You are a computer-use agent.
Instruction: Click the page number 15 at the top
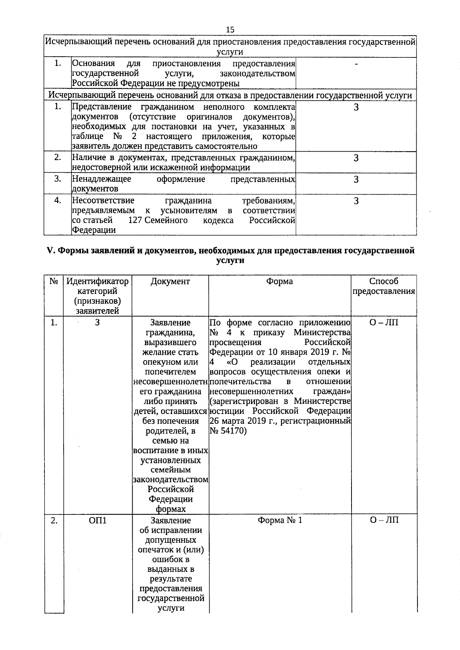pos(230,30)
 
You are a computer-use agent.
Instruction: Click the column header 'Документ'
pos(170,282)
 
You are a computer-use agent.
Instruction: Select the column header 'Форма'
pos(279,282)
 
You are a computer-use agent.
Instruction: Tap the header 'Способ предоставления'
pos(384,287)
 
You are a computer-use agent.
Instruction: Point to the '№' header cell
pos(54,282)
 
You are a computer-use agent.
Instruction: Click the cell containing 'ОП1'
pos(97,521)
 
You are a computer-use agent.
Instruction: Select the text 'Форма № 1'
pos(279,521)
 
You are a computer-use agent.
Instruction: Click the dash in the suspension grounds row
pos(356,64)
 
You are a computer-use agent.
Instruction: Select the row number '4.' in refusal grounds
pos(58,200)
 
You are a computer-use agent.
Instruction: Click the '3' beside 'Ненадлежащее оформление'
pos(356,179)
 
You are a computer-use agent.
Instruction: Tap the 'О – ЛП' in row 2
pos(384,521)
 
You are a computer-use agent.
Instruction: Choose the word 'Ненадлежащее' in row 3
pos(102,179)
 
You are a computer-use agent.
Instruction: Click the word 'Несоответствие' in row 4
pos(103,200)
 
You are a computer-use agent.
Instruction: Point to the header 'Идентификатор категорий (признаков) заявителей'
pos(97,296)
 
